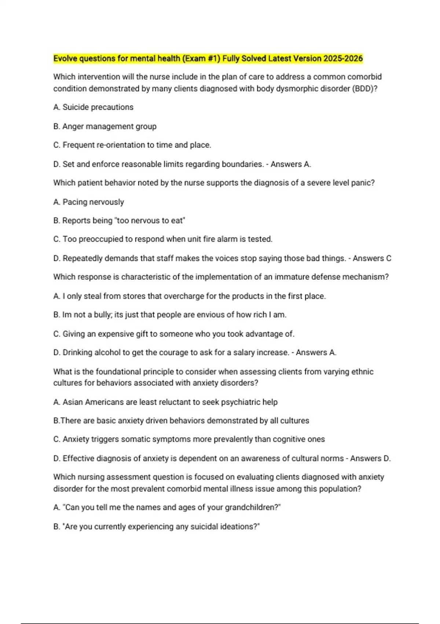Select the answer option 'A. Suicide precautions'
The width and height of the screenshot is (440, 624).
[93, 107]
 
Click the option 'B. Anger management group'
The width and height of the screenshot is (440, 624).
[105, 126]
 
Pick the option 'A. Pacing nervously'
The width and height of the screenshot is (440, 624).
[88, 202]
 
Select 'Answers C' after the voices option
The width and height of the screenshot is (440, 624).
[372, 258]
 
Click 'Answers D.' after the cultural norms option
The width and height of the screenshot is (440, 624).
[370, 458]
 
